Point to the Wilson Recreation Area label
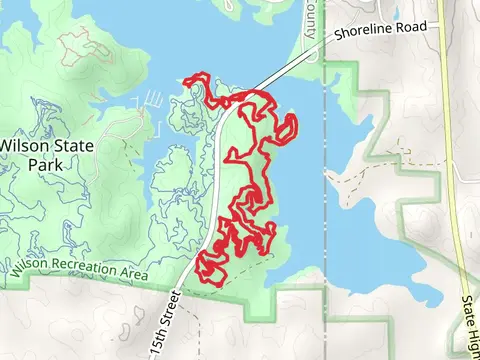(x=79, y=270)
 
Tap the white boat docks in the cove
(x=154, y=99)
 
